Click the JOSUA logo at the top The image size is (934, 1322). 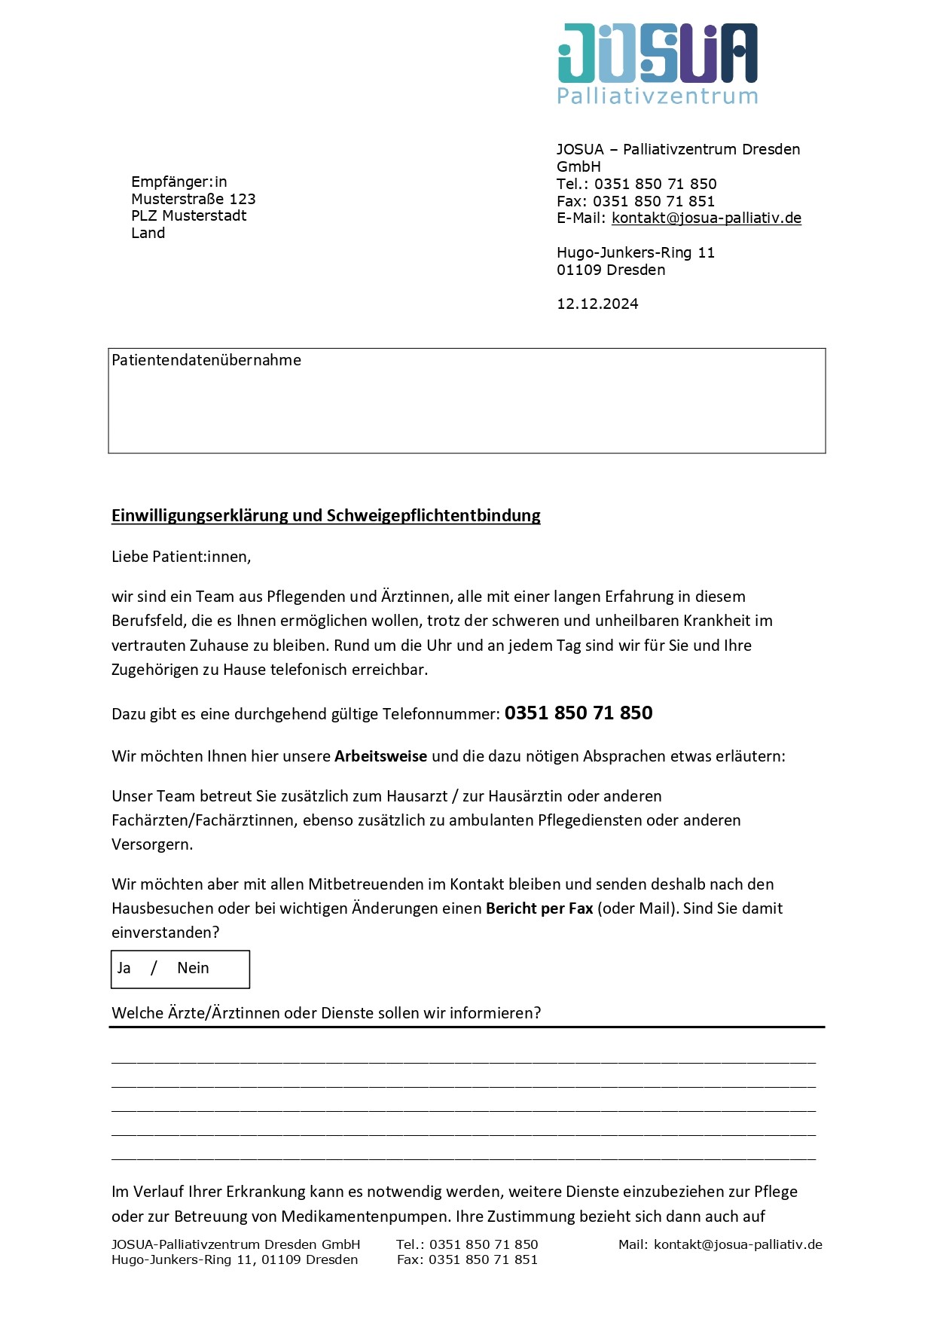click(657, 53)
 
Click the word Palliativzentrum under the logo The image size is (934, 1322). click(657, 96)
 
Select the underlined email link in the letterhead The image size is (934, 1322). click(706, 218)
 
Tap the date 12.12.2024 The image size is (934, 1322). click(597, 304)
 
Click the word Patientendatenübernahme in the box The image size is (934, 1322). click(206, 361)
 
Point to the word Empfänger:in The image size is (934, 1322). click(179, 182)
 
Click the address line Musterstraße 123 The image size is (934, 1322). click(193, 200)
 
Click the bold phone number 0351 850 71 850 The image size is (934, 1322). click(578, 713)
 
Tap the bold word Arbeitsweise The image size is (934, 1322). click(380, 756)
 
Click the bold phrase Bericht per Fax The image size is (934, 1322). click(539, 909)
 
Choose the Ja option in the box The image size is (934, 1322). click(124, 969)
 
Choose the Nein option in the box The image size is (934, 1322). click(193, 969)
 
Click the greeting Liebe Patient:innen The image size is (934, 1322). click(181, 557)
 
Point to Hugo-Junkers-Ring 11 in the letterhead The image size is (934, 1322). click(635, 253)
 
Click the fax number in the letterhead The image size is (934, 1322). click(653, 202)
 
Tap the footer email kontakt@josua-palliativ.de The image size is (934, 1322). click(737, 1245)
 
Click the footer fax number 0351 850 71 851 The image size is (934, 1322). click(483, 1260)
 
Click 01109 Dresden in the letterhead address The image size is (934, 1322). click(611, 270)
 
